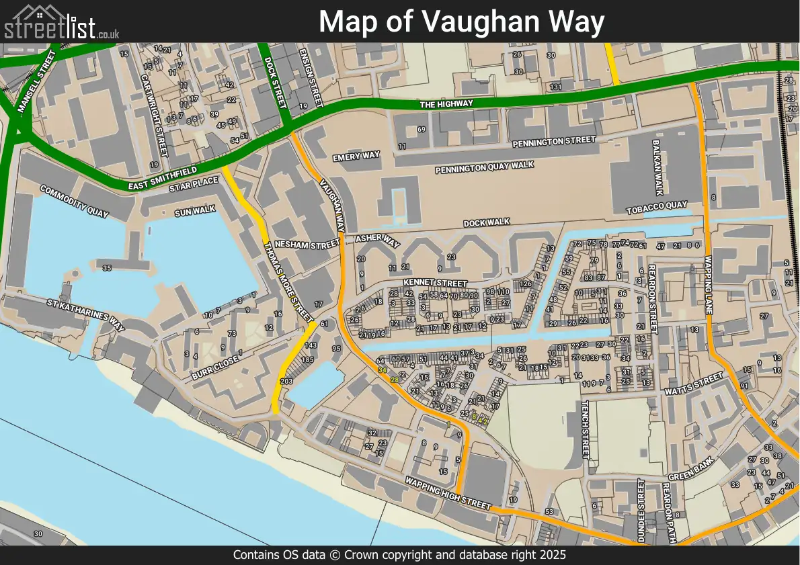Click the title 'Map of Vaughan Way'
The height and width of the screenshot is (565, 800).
(x=461, y=21)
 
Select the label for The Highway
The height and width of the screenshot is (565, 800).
(x=446, y=104)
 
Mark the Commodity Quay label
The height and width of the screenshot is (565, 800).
(x=74, y=202)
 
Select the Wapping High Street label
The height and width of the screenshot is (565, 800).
(x=448, y=493)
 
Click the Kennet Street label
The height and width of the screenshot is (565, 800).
(x=435, y=284)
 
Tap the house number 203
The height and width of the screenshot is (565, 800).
(x=286, y=382)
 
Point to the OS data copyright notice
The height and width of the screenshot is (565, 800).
(x=399, y=555)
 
